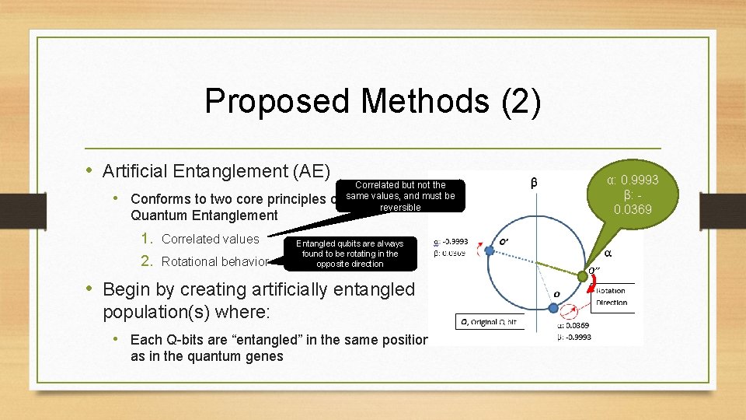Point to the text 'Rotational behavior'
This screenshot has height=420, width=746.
click(215, 261)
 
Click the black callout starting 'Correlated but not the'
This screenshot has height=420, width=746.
click(400, 196)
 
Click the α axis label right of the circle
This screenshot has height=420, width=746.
click(608, 253)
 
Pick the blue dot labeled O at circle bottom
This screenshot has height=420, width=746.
click(553, 308)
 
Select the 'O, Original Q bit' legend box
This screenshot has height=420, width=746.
click(490, 322)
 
